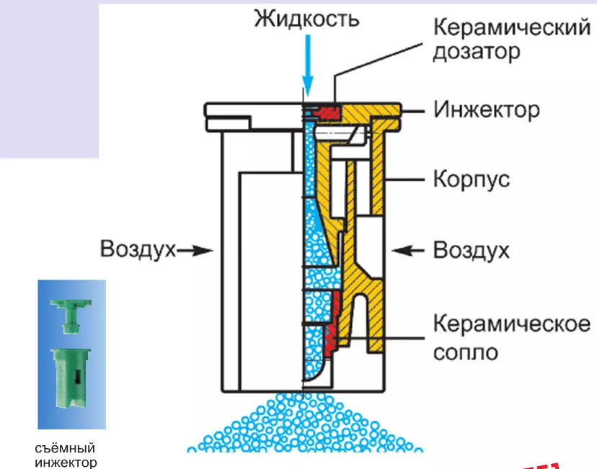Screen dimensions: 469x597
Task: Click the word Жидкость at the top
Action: [x=306, y=18]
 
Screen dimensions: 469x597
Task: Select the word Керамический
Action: [x=511, y=30]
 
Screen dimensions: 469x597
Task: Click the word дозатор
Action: [x=477, y=53]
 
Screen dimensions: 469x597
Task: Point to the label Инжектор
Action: [x=486, y=110]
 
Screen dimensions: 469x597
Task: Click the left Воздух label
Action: [x=138, y=250]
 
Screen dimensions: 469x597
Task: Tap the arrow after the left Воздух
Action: [x=196, y=251]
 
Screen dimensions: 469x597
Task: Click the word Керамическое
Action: [x=511, y=323]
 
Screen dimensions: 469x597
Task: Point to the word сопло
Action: [x=465, y=353]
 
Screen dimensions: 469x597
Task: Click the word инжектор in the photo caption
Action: [x=66, y=462]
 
